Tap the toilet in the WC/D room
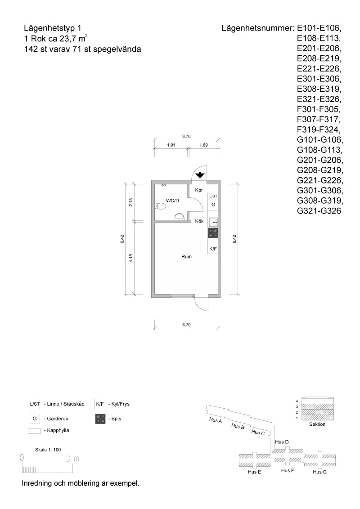click(x=158, y=206)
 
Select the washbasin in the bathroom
click(x=179, y=217)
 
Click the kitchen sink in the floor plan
click(x=213, y=222)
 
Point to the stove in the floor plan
click(x=213, y=233)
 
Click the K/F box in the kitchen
click(x=213, y=248)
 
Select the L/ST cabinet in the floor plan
click(x=213, y=196)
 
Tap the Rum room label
click(x=186, y=257)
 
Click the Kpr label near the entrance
click(x=199, y=190)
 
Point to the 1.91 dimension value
click(x=171, y=145)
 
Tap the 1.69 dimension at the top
click(x=203, y=145)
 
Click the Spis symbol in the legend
click(x=100, y=419)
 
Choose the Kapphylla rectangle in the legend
click(x=34, y=431)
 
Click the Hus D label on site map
click(x=282, y=442)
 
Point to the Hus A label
click(x=216, y=420)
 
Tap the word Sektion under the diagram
click(x=318, y=424)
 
